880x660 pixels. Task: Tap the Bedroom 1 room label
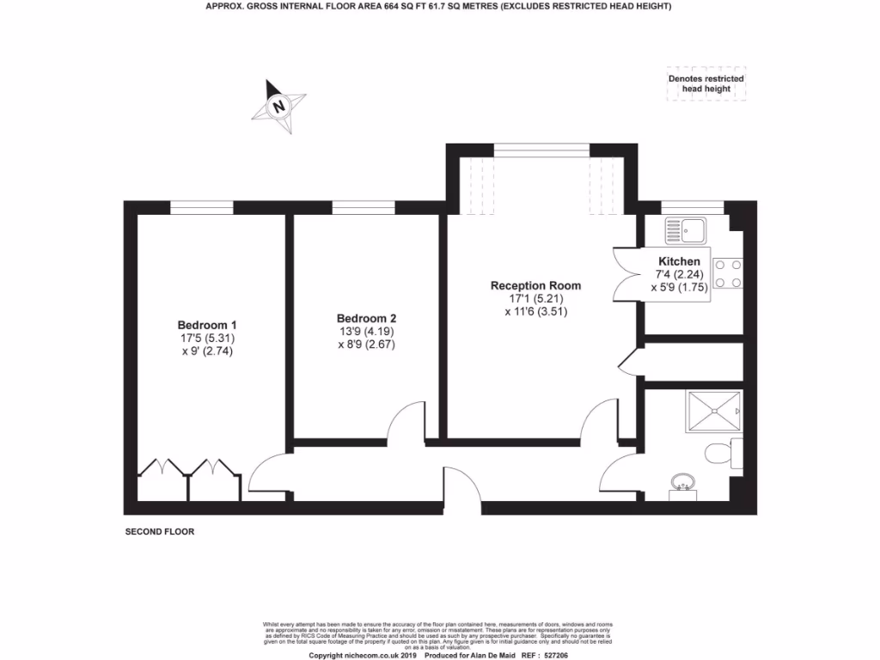point(206,325)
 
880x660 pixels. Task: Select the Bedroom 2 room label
point(366,317)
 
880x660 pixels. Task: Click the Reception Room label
point(535,285)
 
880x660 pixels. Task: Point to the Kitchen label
point(679,261)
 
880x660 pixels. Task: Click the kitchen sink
point(685,229)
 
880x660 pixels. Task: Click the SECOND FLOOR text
point(160,532)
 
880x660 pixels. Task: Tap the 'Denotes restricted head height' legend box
point(706,84)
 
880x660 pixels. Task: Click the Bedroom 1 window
point(201,207)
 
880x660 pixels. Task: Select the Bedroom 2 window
point(364,207)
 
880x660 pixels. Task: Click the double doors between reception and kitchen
point(626,273)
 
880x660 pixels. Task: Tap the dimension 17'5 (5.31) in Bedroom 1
point(206,338)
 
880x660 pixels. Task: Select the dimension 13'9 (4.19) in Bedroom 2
point(366,331)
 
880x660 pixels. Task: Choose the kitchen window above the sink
point(692,207)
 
